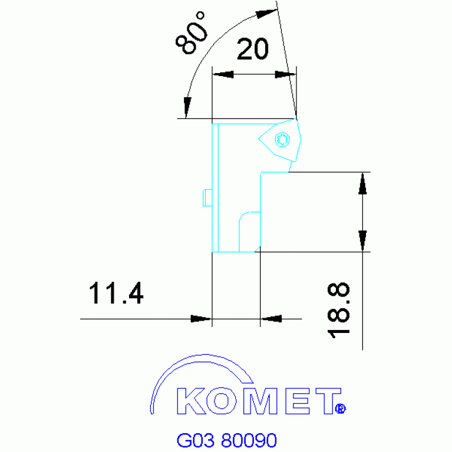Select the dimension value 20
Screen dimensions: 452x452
tap(252, 51)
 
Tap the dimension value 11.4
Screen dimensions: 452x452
tap(116, 293)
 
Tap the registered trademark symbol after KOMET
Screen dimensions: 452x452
tap(340, 408)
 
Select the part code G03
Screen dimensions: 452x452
tap(195, 440)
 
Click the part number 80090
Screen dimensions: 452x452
tap(248, 440)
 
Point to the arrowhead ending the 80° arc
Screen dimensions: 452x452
tap(187, 108)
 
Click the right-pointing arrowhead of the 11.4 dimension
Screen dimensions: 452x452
tap(201, 319)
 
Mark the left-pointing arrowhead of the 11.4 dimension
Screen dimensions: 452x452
tap(270, 319)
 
